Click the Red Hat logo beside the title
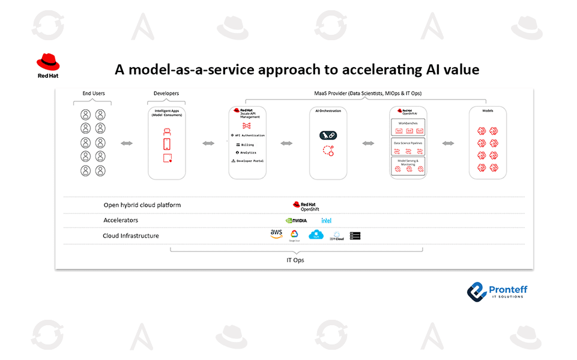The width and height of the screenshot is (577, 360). [48, 65]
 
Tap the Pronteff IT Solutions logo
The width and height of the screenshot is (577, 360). [498, 292]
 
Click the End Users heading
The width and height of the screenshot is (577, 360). [93, 93]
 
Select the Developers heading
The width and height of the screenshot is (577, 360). [166, 93]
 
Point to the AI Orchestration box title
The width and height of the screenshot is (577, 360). [328, 111]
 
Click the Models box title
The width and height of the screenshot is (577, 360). [488, 111]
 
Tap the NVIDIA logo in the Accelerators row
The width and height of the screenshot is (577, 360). [297, 220]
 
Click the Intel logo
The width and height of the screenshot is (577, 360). [326, 220]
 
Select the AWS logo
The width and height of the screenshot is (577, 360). [276, 234]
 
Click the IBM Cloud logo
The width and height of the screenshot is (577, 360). [337, 236]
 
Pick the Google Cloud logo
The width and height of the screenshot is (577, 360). [294, 235]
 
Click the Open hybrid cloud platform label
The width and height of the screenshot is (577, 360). [142, 205]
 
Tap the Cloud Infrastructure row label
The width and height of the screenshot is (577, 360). [131, 236]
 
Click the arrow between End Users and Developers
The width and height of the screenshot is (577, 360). [127, 143]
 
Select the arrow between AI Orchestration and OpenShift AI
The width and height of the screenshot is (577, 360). [367, 143]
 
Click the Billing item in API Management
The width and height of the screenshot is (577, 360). [247, 145]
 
